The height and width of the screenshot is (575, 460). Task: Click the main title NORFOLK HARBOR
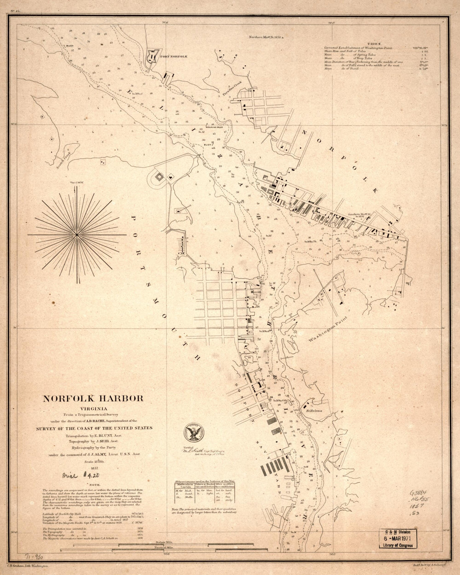tap(93, 399)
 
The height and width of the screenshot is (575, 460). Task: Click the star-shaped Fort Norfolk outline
tap(153, 56)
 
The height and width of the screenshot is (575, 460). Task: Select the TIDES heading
tap(373, 43)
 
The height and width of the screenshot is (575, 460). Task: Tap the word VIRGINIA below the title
tap(93, 408)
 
